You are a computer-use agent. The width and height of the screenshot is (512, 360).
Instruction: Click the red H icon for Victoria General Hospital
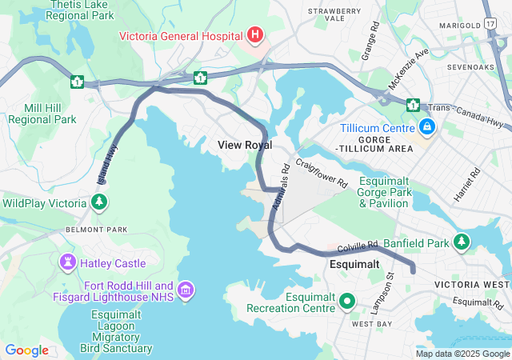click(x=255, y=34)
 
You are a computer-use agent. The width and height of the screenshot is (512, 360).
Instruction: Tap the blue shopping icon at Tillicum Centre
click(x=427, y=127)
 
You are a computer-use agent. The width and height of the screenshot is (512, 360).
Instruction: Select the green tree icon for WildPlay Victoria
click(x=99, y=203)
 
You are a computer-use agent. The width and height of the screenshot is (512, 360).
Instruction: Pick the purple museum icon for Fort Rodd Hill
click(x=186, y=289)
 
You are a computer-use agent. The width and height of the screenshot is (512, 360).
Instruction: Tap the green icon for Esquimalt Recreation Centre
click(x=346, y=302)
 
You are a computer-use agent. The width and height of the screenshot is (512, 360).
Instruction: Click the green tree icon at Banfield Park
click(x=462, y=241)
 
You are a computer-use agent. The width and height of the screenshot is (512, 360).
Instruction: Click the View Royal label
click(x=245, y=145)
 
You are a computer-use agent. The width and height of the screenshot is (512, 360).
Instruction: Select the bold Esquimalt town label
click(x=354, y=264)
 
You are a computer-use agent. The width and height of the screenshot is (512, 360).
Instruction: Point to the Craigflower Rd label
click(x=321, y=173)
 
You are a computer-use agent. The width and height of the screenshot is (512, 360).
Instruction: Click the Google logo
click(x=26, y=350)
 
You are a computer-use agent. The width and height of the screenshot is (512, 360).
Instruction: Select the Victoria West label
click(x=471, y=284)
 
